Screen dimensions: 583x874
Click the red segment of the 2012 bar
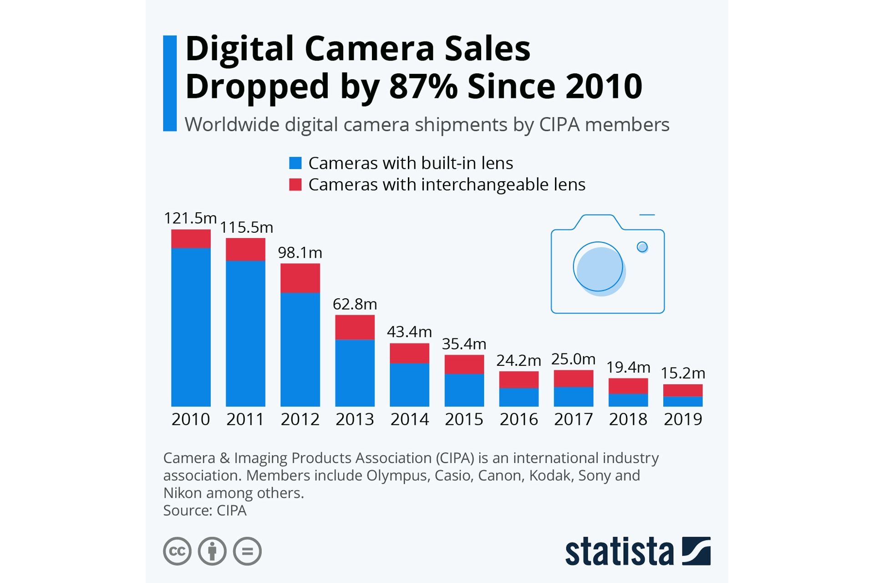[x=300, y=278]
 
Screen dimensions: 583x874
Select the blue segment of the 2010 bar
[x=191, y=327]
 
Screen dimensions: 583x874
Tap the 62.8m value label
[x=355, y=304]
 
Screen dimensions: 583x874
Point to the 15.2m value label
[x=683, y=373]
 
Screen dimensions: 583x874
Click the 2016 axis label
[x=518, y=419]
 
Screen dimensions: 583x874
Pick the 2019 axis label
[x=683, y=419]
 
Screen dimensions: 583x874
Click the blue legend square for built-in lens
[x=295, y=163]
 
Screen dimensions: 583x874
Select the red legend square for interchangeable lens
[x=295, y=184]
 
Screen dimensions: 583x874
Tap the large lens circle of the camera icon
[x=598, y=267]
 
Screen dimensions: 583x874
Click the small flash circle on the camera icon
[x=642, y=247]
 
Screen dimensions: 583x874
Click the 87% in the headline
[x=423, y=86]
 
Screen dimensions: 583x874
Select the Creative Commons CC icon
[x=177, y=551]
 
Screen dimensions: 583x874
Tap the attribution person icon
[x=212, y=551]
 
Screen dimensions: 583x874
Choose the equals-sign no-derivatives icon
[x=247, y=551]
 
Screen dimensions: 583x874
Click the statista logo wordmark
[x=619, y=552]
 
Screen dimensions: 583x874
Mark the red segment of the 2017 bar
[x=574, y=378]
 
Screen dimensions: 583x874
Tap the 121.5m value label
[x=190, y=218]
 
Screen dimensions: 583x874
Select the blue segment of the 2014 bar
[x=409, y=385]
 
